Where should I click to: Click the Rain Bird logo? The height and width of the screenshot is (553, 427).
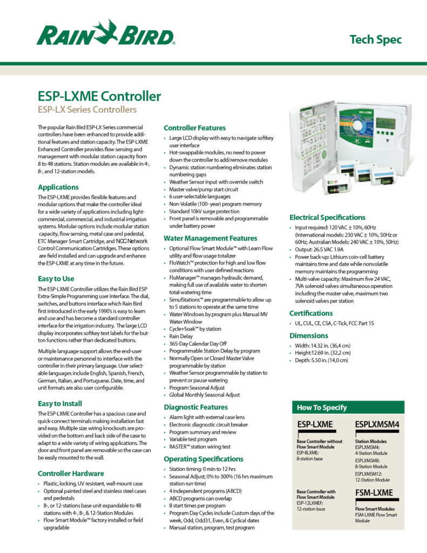pos(105,33)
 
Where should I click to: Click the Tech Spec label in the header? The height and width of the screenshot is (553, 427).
pos(375,39)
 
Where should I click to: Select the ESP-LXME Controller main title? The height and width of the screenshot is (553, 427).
pos(99,97)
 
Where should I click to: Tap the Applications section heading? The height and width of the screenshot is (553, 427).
pos(58,187)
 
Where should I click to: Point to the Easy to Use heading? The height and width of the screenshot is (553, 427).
pos(56,279)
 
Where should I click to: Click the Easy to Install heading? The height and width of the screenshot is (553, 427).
pos(60,403)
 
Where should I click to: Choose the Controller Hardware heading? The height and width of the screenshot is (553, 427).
pos(71,473)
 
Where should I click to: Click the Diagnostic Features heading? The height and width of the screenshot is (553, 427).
pos(195,407)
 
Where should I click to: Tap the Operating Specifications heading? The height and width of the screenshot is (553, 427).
pos(202,458)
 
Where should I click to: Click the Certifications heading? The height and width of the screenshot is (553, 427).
pos(311,313)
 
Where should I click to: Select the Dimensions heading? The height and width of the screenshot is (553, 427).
pos(308,335)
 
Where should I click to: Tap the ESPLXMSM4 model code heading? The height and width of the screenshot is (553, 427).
pos(377,425)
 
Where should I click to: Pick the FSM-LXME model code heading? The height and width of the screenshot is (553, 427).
pos(374,493)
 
